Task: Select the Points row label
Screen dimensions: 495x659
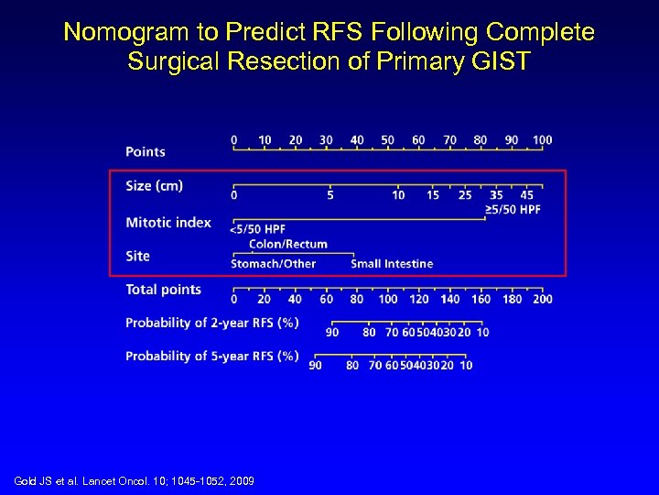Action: coord(146,151)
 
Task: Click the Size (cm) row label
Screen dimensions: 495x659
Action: coord(154,186)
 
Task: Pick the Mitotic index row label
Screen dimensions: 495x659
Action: coord(168,223)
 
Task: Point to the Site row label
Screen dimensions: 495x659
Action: coord(137,256)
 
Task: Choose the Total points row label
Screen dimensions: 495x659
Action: coord(163,290)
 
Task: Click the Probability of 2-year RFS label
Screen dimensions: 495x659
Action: coord(211,323)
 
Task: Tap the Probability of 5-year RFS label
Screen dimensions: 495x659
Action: coord(211,356)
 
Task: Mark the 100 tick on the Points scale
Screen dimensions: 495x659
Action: coord(542,141)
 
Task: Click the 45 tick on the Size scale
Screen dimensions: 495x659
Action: coord(527,194)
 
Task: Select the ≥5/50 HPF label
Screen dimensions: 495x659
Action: coord(513,209)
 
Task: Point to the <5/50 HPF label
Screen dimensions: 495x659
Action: coord(257,229)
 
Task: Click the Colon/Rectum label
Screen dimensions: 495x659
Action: coord(288,244)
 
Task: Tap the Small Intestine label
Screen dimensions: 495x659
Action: coord(392,264)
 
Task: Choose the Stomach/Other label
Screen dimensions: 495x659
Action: coord(273,264)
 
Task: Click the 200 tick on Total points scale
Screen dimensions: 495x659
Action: coord(542,298)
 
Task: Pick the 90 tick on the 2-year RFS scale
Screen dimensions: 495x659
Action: coord(332,331)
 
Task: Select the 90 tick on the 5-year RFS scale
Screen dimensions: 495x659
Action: coord(315,365)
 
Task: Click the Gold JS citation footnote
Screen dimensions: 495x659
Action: coord(135,481)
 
